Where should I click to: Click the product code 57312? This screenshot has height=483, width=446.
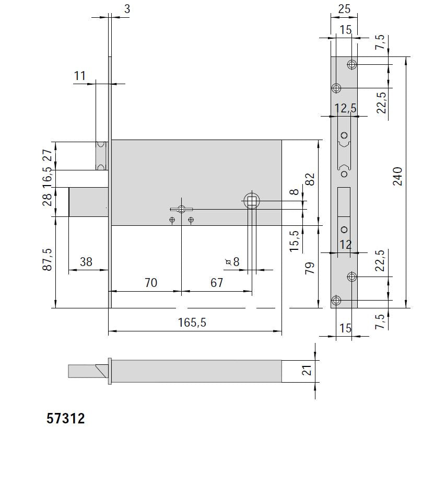tap(66, 418)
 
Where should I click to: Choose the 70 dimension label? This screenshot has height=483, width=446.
tap(150, 283)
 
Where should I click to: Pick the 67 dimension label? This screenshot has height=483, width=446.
tap(216, 283)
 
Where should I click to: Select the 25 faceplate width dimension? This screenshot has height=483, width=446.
tap(344, 9)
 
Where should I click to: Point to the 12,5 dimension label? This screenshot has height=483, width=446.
tap(345, 108)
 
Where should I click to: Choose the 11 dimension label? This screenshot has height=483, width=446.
tap(79, 76)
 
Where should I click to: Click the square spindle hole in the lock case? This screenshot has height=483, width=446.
tap(252, 201)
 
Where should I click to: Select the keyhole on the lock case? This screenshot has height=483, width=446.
tap(181, 210)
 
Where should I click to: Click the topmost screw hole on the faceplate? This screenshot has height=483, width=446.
tap(352, 65)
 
